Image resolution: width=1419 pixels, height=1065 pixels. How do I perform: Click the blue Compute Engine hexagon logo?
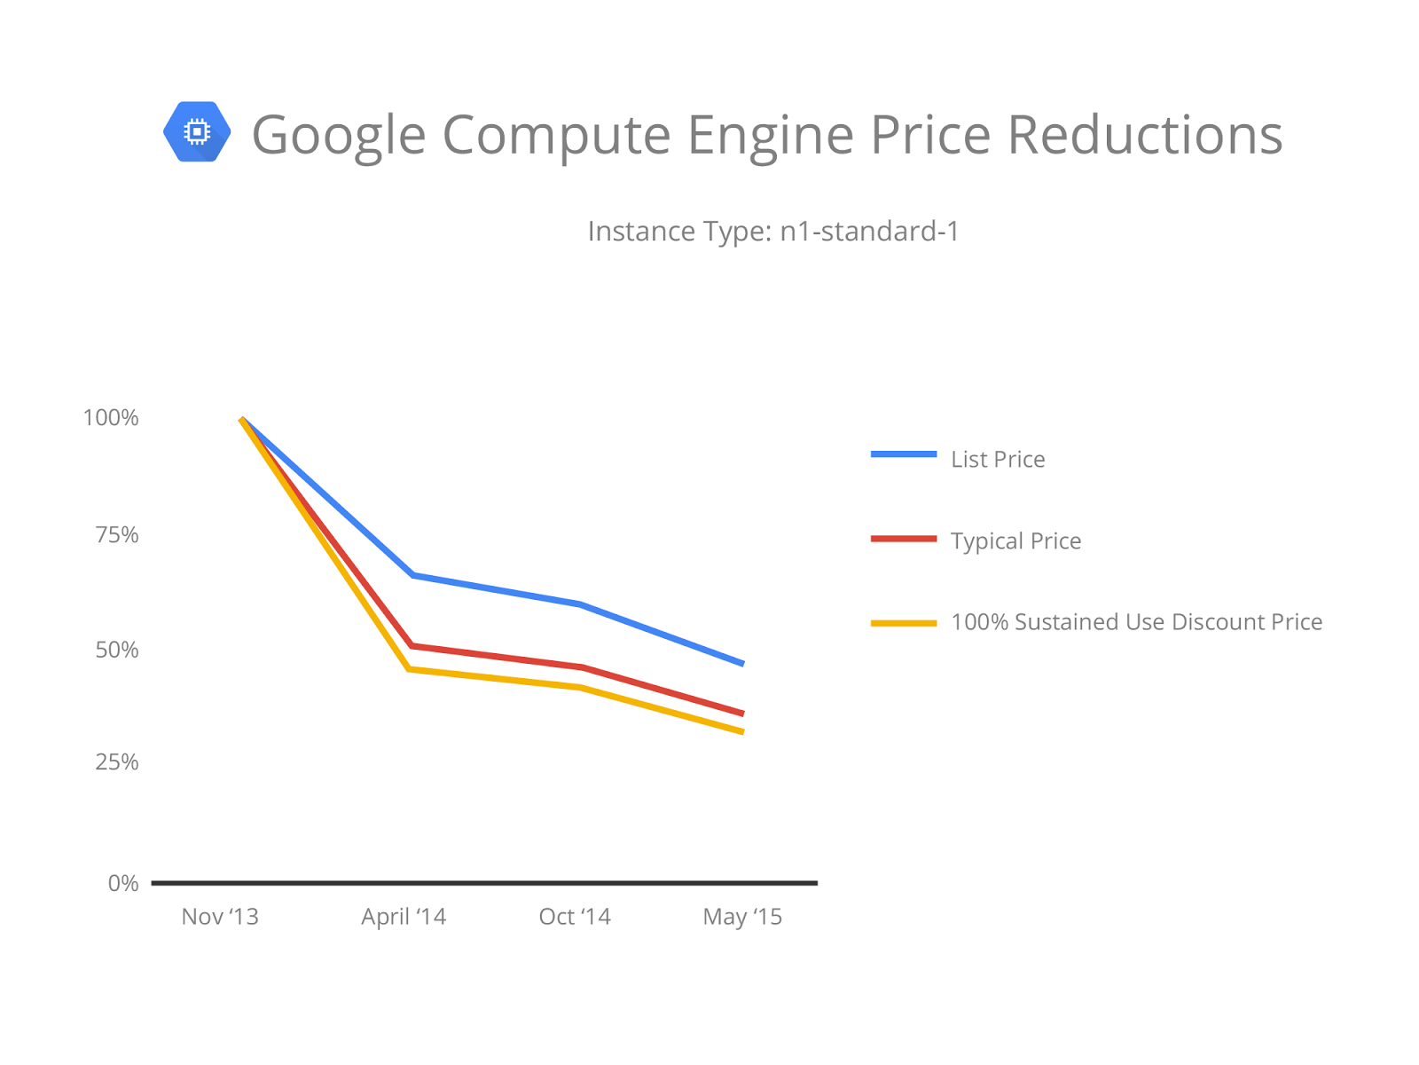pyautogui.click(x=197, y=132)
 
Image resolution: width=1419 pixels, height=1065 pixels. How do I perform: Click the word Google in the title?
pyautogui.click(x=339, y=135)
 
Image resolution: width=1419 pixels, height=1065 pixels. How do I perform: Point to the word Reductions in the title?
pyautogui.click(x=1144, y=135)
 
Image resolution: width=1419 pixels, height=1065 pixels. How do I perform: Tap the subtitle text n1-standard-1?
pyautogui.click(x=869, y=232)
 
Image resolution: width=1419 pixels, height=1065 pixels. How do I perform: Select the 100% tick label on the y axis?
pyautogui.click(x=111, y=418)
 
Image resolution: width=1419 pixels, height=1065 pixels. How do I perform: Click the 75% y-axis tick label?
pyautogui.click(x=117, y=534)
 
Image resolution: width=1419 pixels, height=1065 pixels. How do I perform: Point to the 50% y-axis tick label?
pyautogui.click(x=117, y=650)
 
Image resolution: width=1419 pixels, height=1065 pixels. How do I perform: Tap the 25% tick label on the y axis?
pyautogui.click(x=117, y=761)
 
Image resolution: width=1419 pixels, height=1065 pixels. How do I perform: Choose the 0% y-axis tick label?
pyautogui.click(x=123, y=883)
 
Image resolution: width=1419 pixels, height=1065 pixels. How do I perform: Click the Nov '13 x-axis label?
pyautogui.click(x=220, y=917)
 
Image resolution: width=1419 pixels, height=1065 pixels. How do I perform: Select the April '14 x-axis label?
pyautogui.click(x=404, y=917)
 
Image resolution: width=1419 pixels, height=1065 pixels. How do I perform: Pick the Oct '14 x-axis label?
pyautogui.click(x=575, y=917)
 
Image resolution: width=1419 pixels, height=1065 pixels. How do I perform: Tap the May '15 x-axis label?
pyautogui.click(x=742, y=917)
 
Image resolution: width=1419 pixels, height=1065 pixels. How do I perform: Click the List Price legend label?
pyautogui.click(x=998, y=459)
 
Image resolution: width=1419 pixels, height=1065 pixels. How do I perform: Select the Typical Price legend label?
pyautogui.click(x=1015, y=540)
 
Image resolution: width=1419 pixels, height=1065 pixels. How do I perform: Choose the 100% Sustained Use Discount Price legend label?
pyautogui.click(x=1136, y=622)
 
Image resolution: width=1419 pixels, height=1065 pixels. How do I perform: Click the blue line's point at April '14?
pyautogui.click(x=413, y=575)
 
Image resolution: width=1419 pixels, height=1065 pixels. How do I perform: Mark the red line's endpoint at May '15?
pyautogui.click(x=742, y=713)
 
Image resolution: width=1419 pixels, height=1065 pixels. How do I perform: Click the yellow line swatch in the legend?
pyautogui.click(x=904, y=623)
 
